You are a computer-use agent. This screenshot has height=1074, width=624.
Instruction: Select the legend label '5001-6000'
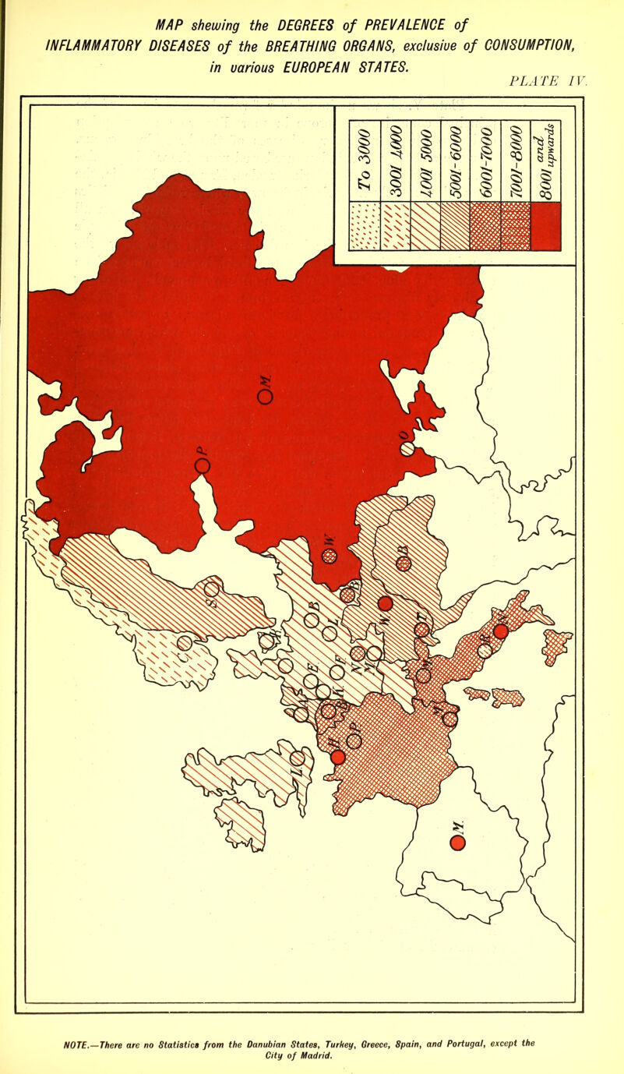pyautogui.click(x=455, y=161)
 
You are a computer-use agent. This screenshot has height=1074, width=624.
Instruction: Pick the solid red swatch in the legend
pyautogui.click(x=545, y=227)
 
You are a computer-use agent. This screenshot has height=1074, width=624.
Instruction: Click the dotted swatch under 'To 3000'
pyautogui.click(x=364, y=227)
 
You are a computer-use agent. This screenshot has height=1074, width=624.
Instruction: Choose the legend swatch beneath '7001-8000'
pyautogui.click(x=515, y=227)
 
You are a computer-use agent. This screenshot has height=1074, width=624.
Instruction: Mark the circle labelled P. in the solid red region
pyautogui.click(x=203, y=466)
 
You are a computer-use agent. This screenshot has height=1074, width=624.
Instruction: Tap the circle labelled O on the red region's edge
pyautogui.click(x=407, y=450)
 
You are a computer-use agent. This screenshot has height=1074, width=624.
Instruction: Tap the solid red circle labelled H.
pyautogui.click(x=337, y=757)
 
